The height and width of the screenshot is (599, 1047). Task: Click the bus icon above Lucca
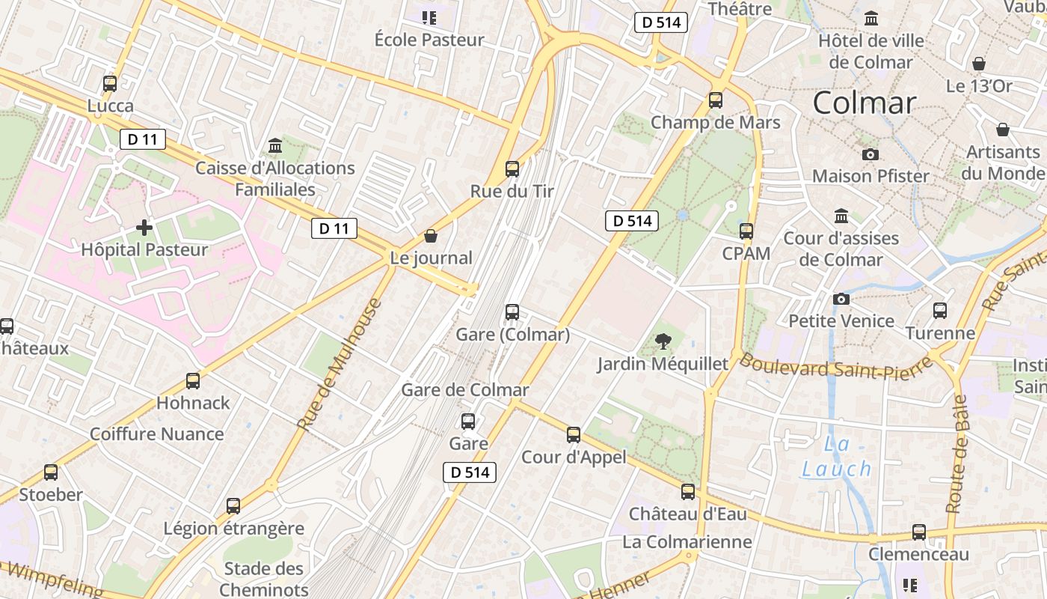(110, 83)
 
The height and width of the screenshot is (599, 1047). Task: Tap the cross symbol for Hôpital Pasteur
(144, 227)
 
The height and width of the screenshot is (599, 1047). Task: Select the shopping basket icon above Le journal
(431, 236)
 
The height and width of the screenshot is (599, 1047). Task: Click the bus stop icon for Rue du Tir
(512, 168)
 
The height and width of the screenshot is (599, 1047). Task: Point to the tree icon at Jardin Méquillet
(663, 342)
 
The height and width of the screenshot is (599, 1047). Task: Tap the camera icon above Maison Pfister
(871, 154)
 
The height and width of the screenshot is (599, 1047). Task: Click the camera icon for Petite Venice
(841, 299)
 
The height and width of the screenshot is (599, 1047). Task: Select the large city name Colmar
(865, 103)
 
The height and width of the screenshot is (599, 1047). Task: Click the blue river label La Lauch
(837, 457)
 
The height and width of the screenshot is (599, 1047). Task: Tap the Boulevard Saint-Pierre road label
(835, 366)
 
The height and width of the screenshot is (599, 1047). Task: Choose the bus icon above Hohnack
(193, 380)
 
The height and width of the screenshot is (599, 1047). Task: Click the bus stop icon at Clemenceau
(919, 532)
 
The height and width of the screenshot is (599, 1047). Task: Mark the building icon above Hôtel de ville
(871, 18)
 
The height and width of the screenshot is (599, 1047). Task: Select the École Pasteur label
(429, 40)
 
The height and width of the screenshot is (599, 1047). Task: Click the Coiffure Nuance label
(157, 434)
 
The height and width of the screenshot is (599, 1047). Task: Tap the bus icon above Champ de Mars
(716, 100)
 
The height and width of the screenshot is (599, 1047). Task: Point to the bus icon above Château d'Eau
(688, 492)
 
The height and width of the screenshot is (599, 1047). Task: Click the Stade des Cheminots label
(264, 579)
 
